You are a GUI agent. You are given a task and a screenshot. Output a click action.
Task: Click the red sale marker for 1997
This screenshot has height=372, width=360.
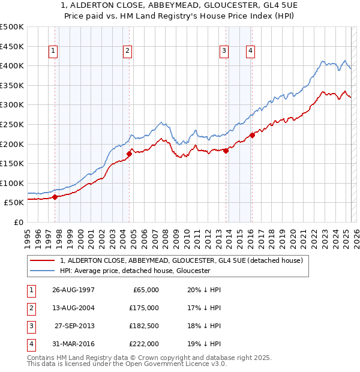[x=55, y=196]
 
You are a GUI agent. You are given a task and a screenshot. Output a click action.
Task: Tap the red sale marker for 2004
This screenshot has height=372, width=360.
[x=129, y=154]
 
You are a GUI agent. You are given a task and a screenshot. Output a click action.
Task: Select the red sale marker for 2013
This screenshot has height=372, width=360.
[x=226, y=151]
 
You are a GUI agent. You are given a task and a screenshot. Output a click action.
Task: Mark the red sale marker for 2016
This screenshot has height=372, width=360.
[x=252, y=135]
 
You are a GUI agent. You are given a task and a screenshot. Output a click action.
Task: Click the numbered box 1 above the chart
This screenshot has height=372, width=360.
[x=53, y=52]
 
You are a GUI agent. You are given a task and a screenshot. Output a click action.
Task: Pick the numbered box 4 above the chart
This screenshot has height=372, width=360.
[x=249, y=52]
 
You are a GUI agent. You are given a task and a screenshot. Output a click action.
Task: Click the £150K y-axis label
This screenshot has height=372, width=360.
[x=12, y=163]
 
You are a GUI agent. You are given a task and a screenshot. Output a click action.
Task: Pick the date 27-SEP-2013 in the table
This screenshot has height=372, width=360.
[x=74, y=326]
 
